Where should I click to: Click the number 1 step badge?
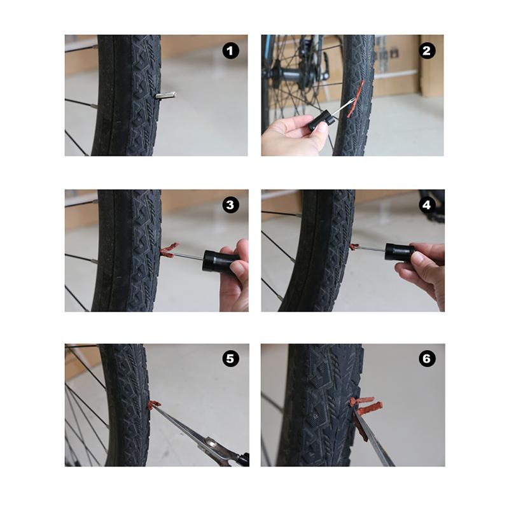(x=230, y=51)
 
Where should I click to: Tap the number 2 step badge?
(x=426, y=51)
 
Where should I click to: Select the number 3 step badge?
(x=230, y=205)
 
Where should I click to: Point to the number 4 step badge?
(x=426, y=205)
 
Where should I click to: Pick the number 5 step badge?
(x=230, y=359)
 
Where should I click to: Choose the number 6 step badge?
(x=426, y=359)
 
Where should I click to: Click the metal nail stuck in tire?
(x=165, y=95)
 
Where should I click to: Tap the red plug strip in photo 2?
(x=356, y=99)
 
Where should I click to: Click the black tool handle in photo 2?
(x=319, y=120)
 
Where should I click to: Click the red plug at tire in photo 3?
(x=169, y=250)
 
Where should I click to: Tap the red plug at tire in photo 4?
(x=354, y=247)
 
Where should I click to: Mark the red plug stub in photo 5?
(x=154, y=404)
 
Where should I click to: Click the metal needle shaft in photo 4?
(x=372, y=248)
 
